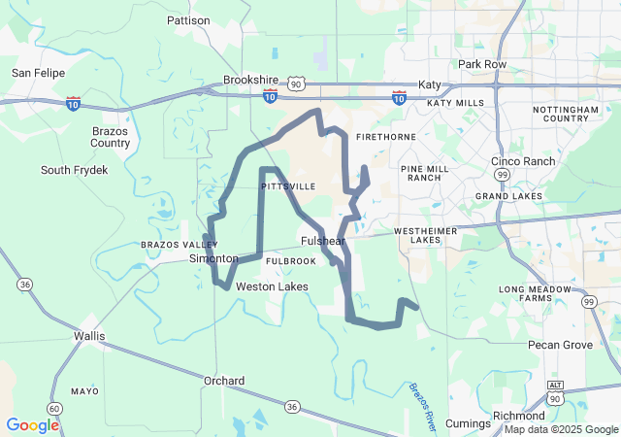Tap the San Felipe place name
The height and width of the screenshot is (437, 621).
[x=36, y=72]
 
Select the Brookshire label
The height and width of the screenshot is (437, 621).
[x=250, y=81]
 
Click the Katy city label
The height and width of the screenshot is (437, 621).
[x=429, y=84]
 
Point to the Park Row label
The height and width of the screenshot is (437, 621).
[x=482, y=64]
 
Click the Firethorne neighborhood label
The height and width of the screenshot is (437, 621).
[x=386, y=137]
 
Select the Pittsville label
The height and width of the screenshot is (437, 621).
[x=288, y=185]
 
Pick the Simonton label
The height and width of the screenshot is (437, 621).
[x=213, y=258]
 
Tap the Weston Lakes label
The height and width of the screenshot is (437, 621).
[x=273, y=286]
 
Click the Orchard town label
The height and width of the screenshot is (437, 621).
[x=224, y=381]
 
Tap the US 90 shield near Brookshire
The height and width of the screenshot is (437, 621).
[x=297, y=85]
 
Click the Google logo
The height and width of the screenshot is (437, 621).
[x=32, y=425]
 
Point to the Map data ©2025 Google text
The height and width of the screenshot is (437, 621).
[x=561, y=429]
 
